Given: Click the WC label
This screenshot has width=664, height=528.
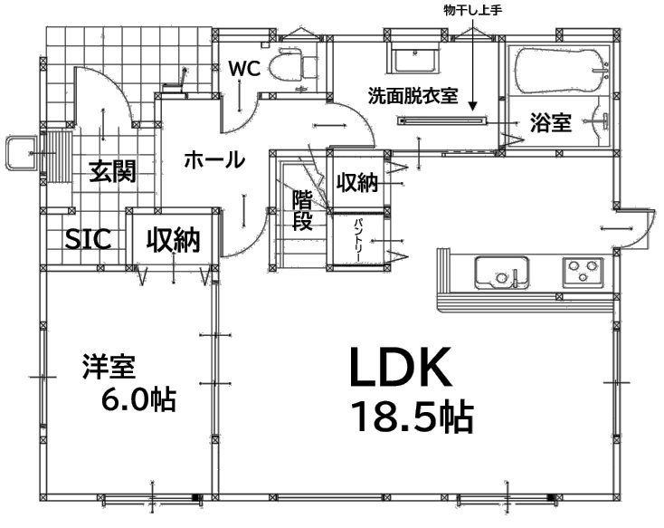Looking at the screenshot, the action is (244, 69).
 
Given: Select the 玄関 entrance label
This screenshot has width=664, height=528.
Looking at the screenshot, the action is (113, 171).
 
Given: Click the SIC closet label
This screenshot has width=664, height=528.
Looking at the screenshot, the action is (88, 239).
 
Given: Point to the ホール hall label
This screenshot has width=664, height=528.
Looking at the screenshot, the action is (214, 160).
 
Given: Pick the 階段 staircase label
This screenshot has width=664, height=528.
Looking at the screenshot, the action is (303, 210).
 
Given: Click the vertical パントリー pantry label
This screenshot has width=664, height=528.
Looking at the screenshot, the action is (358, 241).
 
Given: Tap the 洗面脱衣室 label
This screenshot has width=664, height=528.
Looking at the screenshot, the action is (413, 96).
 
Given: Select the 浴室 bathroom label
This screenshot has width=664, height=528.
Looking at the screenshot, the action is (551, 123).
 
